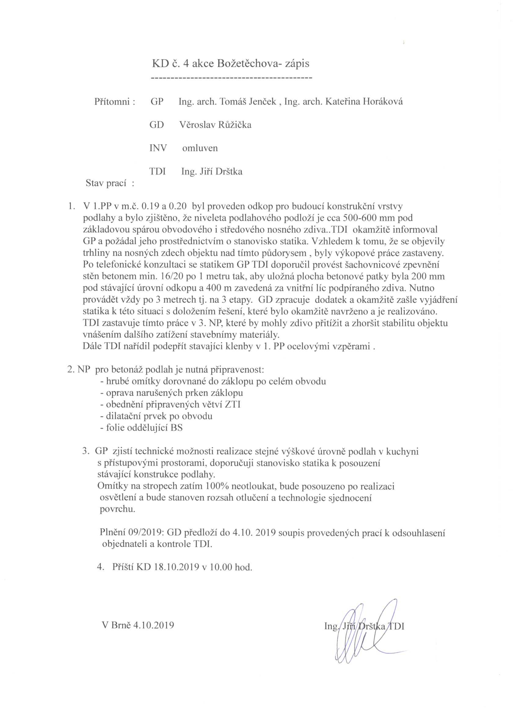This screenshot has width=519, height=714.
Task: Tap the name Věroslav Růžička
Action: [215, 125]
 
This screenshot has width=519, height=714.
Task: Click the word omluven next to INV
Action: [200, 148]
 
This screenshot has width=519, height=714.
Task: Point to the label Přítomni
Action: [114, 102]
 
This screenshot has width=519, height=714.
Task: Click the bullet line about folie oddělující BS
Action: [141, 428]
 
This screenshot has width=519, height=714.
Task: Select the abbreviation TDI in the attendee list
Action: [157, 172]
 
